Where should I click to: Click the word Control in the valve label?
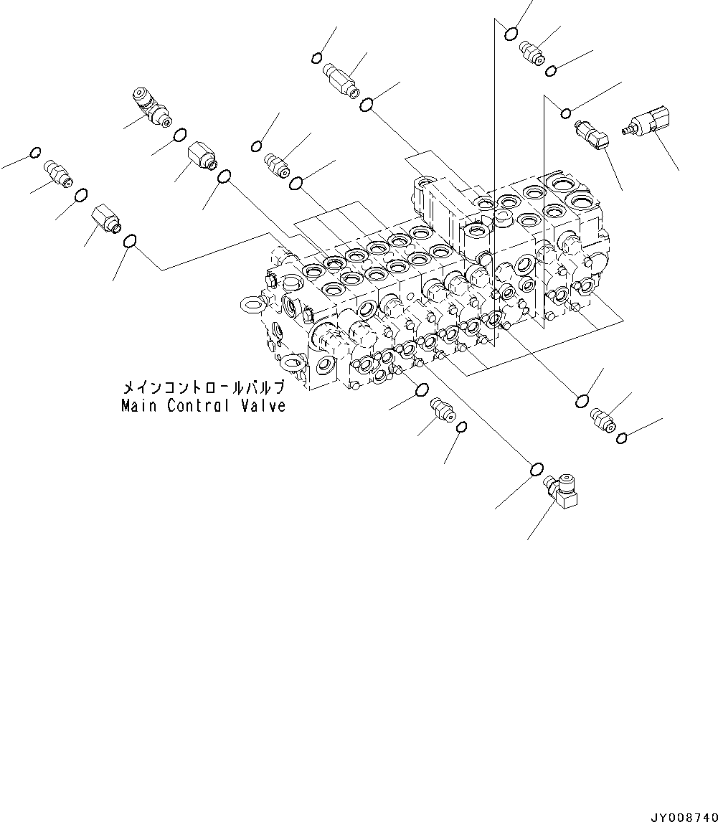199,406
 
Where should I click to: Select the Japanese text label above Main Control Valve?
204,388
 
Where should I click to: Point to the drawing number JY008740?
683,816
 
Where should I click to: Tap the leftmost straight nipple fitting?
57,174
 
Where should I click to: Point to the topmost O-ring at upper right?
511,33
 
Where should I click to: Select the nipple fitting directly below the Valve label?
443,412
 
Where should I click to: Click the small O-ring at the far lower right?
623,438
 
